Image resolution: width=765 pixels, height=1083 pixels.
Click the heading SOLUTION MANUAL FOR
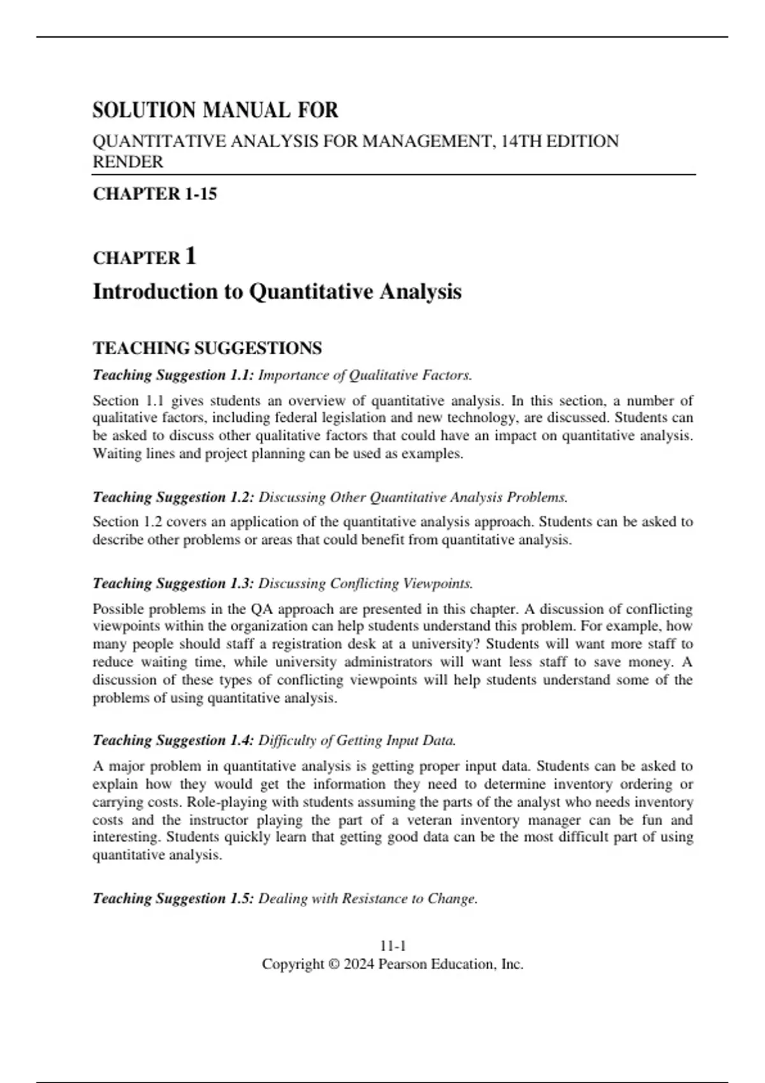point(215,110)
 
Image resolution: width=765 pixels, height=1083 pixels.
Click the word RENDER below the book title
point(128,162)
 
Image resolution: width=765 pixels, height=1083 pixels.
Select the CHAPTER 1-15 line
point(155,194)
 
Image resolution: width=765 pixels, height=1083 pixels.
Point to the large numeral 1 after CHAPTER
point(190,256)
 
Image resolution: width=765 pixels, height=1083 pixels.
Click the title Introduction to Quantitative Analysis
point(277,292)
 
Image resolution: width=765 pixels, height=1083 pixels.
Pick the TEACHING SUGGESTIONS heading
point(207,348)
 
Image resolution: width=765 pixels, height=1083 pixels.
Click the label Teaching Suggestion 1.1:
point(173,375)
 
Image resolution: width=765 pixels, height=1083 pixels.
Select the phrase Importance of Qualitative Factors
point(365,375)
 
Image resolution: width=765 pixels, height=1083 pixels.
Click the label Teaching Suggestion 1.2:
point(173,497)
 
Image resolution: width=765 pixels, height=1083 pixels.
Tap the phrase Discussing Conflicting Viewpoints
point(365,583)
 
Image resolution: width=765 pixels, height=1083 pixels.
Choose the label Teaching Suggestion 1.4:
point(173,740)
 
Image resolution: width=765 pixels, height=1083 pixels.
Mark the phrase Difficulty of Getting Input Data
point(357,740)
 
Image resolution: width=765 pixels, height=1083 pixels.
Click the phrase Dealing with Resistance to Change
point(368,898)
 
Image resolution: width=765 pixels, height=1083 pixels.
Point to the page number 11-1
point(393,946)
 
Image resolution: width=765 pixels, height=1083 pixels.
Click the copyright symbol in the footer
point(333,965)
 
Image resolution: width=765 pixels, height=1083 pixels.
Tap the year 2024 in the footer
point(358,965)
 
